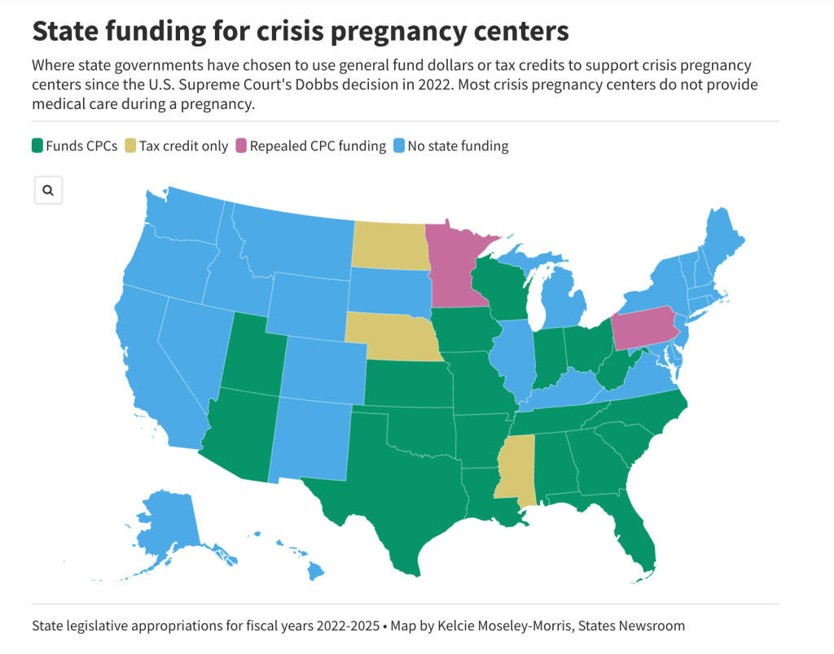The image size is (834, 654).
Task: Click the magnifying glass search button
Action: click(x=48, y=190)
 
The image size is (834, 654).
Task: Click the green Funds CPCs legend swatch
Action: click(x=37, y=146)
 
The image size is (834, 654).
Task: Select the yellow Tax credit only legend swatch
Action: click(x=129, y=146)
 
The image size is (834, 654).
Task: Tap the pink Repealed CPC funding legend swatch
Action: click(x=240, y=146)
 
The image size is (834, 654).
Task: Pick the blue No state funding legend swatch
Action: click(x=398, y=146)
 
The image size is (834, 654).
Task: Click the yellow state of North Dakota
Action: click(x=390, y=244)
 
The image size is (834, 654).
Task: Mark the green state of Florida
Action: click(x=631, y=537)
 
